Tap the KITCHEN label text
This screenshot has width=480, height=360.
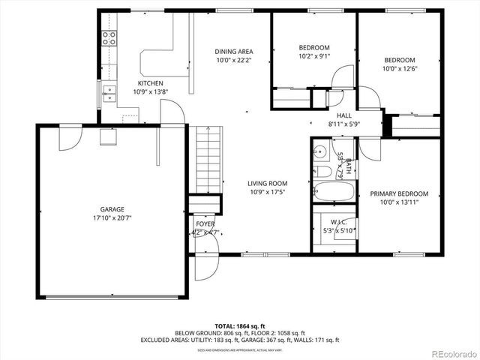click(x=151, y=83)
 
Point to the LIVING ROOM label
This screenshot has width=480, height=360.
click(x=268, y=183)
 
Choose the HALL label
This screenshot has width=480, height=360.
click(x=344, y=115)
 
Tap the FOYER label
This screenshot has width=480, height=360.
click(x=205, y=223)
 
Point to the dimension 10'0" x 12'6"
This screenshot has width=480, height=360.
click(x=399, y=69)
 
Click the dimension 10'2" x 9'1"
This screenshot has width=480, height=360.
click(x=313, y=56)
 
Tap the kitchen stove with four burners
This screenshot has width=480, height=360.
click(x=109, y=38)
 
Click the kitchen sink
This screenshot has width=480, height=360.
click(x=109, y=93)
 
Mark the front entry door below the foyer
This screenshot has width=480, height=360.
click(x=204, y=266)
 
